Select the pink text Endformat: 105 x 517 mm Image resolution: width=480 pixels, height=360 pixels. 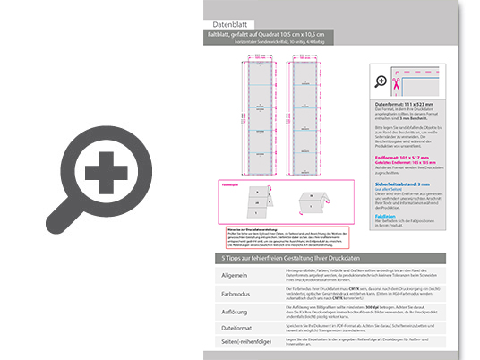pos(404,159)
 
